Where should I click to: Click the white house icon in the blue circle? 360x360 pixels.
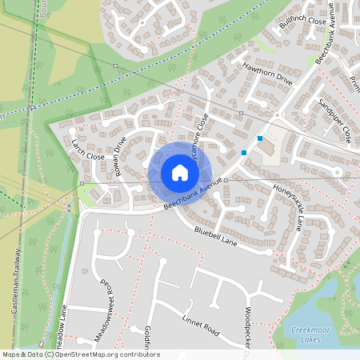(179, 173)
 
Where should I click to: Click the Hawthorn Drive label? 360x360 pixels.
(268, 73)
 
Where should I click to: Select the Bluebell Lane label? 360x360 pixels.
(216, 236)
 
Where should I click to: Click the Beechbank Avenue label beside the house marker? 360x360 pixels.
(192, 195)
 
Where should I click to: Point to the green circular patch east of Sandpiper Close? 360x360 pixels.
(338, 171)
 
